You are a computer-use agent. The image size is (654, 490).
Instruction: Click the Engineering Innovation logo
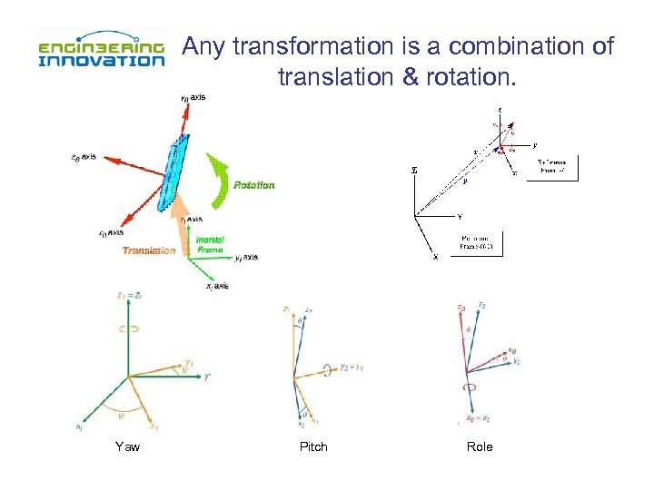click(x=100, y=52)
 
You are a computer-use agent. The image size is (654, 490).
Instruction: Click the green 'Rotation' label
click(x=253, y=185)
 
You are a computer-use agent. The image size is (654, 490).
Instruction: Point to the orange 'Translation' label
click(x=149, y=250)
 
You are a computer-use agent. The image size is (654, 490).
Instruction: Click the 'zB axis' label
click(x=84, y=156)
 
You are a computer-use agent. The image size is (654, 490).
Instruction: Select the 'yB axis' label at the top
click(x=193, y=97)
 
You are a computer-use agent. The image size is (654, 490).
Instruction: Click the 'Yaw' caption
click(x=127, y=446)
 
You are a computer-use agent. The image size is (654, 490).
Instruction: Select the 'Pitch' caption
click(x=313, y=446)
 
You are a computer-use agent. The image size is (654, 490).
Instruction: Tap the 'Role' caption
click(x=480, y=446)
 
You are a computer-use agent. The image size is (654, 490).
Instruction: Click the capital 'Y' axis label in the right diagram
click(x=460, y=217)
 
